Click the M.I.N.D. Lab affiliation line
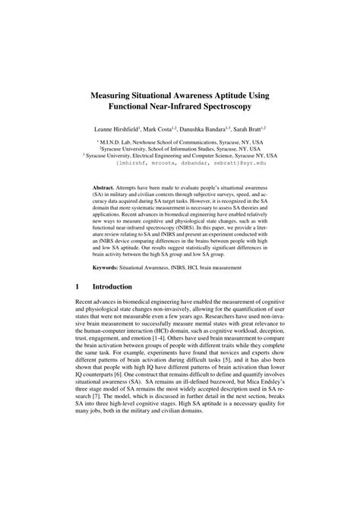(180, 142)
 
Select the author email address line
(180, 163)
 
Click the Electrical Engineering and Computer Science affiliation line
(180, 156)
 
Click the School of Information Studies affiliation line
(180, 149)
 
